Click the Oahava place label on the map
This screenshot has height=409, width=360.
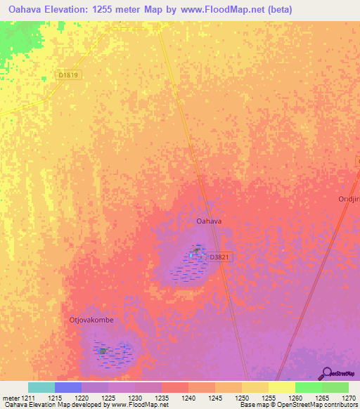point(209,221)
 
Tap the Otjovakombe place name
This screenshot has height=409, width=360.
point(91,320)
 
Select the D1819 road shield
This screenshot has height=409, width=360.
point(68,75)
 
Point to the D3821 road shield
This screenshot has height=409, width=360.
point(219,258)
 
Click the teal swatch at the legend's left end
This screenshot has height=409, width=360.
point(41,387)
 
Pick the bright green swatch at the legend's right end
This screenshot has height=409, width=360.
point(335,387)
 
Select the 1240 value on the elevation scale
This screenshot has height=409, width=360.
point(188,398)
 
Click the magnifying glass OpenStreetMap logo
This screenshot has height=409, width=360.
point(326,373)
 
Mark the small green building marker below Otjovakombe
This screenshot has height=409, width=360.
point(103,351)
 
